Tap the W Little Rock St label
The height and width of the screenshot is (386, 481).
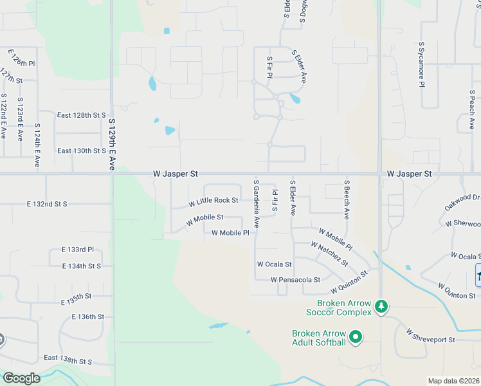[x=213, y=201]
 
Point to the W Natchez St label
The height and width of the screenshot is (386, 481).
[x=329, y=253]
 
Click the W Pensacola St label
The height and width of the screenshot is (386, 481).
[x=295, y=280]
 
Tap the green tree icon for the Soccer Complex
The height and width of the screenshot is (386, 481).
[x=381, y=305]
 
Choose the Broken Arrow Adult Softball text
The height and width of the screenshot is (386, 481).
[x=319, y=338]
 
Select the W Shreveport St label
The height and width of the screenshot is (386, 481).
[x=430, y=336]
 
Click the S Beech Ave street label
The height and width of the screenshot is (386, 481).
[x=346, y=199]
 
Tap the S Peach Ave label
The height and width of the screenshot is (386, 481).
[x=472, y=109]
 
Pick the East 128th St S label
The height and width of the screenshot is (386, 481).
[x=81, y=115]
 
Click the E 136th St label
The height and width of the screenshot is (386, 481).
[x=88, y=317]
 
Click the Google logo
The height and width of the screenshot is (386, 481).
[x=21, y=378]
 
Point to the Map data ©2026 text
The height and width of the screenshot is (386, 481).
[x=453, y=381]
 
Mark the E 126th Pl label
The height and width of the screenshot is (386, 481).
[x=21, y=59]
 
